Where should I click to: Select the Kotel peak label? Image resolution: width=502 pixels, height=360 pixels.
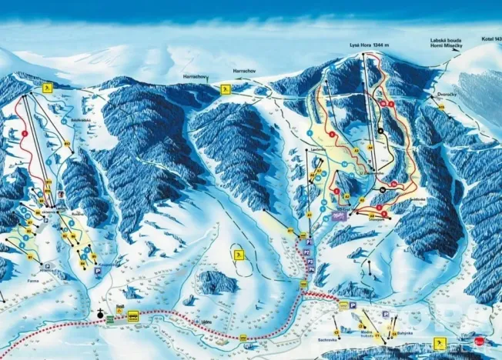pos(490,38)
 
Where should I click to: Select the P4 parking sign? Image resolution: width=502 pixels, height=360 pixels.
pos(353,305)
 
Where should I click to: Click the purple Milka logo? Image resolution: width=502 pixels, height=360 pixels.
pos(343,217)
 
